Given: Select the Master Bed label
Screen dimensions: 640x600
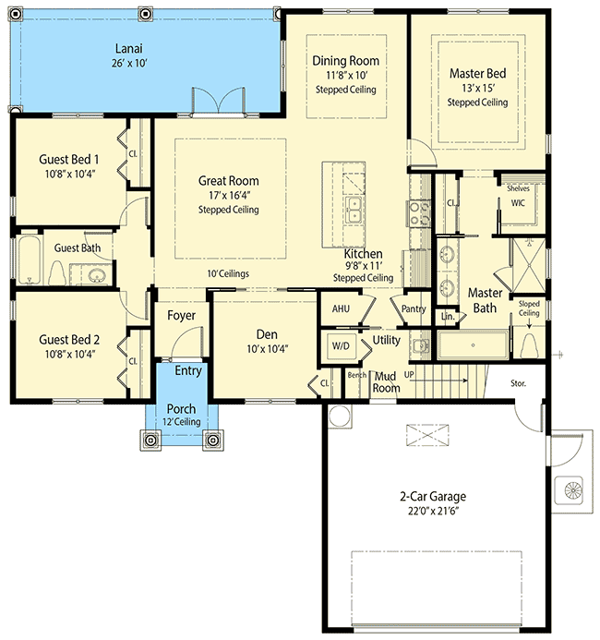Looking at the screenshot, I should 477,73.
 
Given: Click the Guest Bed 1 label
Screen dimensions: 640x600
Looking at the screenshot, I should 69,159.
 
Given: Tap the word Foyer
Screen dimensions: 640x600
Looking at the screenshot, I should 181,316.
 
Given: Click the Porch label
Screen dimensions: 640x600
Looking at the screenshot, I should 181,409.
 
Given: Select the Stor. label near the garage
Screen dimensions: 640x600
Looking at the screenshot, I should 519,381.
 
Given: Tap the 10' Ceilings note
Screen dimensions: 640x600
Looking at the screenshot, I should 227,273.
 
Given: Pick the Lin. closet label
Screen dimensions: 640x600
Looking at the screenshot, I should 449,316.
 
